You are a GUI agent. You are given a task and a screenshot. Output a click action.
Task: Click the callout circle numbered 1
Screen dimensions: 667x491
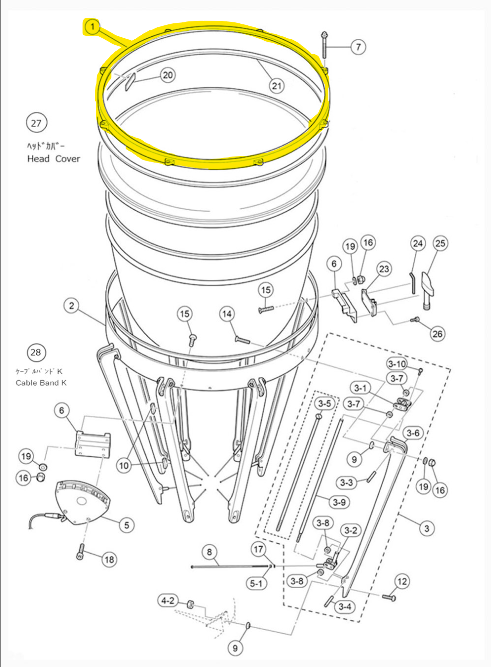tap(93, 27)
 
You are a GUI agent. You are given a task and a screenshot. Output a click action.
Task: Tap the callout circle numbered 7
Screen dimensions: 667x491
tap(358, 47)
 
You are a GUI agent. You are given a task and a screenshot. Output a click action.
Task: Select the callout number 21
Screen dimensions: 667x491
tap(277, 85)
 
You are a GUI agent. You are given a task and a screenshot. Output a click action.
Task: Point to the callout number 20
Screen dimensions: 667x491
tap(168, 75)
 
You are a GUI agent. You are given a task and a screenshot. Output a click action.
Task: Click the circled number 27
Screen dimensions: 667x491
tap(36, 123)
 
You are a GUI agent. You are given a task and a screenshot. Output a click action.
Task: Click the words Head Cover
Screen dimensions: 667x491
tap(53, 159)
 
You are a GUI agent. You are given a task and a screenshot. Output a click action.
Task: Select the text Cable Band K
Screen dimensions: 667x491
tap(41, 383)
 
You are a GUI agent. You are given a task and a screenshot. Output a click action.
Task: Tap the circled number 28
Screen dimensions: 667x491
tap(36, 352)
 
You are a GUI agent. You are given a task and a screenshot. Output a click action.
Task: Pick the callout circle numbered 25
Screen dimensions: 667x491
tap(440, 243)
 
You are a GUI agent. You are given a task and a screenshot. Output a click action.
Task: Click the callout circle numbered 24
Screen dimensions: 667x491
tap(418, 243)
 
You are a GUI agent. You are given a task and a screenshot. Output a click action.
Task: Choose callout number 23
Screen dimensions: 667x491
tap(384, 269)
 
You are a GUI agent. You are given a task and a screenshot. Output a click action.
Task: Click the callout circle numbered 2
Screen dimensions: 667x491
tap(72, 305)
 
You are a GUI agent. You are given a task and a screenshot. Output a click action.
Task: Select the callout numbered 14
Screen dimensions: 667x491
tap(227, 314)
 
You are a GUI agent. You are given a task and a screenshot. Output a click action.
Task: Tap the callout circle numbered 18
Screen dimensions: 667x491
tap(109, 559)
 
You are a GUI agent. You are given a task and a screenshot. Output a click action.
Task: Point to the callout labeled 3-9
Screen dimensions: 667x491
tap(339, 502)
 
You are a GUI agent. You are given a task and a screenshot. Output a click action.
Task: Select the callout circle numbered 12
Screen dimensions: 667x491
tap(402, 581)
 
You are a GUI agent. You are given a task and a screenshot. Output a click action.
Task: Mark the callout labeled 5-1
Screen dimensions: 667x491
tap(256, 583)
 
